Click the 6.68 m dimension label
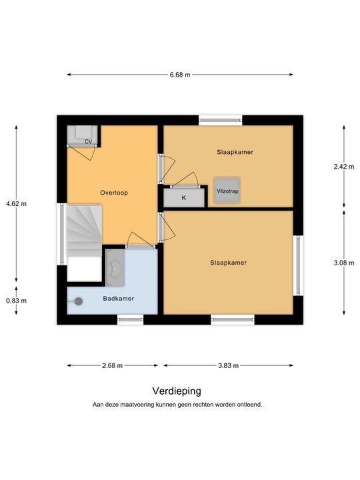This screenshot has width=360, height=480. click(x=180, y=75)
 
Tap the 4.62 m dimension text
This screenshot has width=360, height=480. click(x=16, y=203)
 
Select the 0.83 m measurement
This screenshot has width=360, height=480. click(x=16, y=301)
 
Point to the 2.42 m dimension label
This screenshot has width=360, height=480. click(x=344, y=167)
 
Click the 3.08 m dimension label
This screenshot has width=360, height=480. click(x=344, y=263)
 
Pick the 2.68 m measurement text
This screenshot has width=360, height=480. click(x=113, y=365)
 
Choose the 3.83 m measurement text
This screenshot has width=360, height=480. click(x=229, y=365)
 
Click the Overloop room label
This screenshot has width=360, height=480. click(x=114, y=193)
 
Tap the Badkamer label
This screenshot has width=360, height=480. click(x=119, y=299)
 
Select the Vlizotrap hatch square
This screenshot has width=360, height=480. click(x=227, y=191)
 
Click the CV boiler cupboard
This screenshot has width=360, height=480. click(x=83, y=135)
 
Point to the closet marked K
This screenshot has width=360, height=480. click(x=184, y=198)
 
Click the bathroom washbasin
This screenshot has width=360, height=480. click(x=115, y=268)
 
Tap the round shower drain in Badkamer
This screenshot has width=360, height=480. click(x=79, y=301)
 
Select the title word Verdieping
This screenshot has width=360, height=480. click(x=177, y=391)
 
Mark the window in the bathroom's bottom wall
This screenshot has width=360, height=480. click(x=131, y=319)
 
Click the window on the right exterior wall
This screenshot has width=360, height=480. click(x=298, y=265)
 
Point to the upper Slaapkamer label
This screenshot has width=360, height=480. click(x=235, y=152)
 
